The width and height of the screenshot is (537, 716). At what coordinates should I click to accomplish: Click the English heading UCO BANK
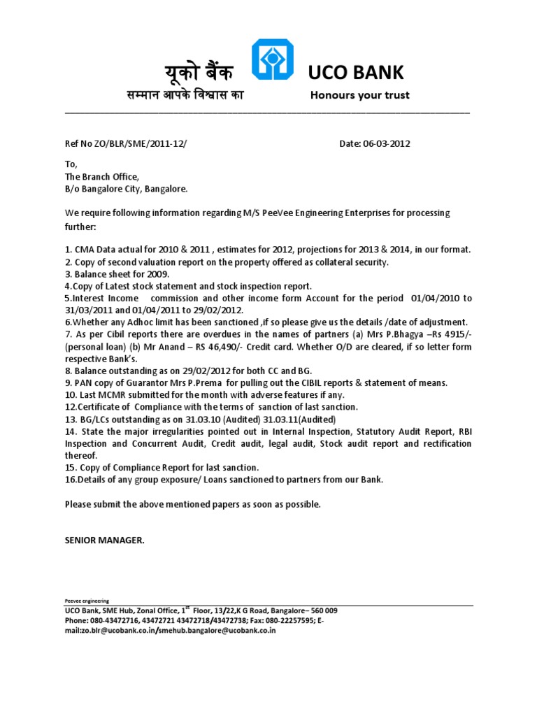pyautogui.click(x=356, y=72)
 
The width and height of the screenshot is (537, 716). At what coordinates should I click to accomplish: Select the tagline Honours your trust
pyautogui.click(x=360, y=95)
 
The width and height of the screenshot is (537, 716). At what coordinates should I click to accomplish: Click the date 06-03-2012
pyautogui.click(x=385, y=144)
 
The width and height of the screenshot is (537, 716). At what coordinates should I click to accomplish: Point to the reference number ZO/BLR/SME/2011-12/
pyautogui.click(x=143, y=144)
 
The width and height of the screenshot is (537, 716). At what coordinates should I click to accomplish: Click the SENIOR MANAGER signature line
pyautogui.click(x=105, y=540)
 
